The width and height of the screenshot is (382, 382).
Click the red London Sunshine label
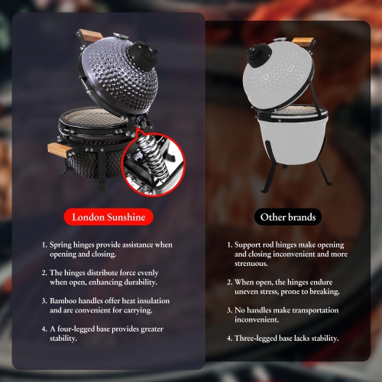108,217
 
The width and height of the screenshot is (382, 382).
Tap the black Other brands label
288,217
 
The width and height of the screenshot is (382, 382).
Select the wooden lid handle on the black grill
91,34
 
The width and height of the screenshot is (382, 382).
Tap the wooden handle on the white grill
303,40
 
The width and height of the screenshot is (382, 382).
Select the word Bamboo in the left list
65,302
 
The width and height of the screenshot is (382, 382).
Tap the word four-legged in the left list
76,329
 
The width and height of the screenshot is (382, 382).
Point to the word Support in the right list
251,245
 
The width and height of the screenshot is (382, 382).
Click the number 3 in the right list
231,310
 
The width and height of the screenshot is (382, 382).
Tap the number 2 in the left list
44,273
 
